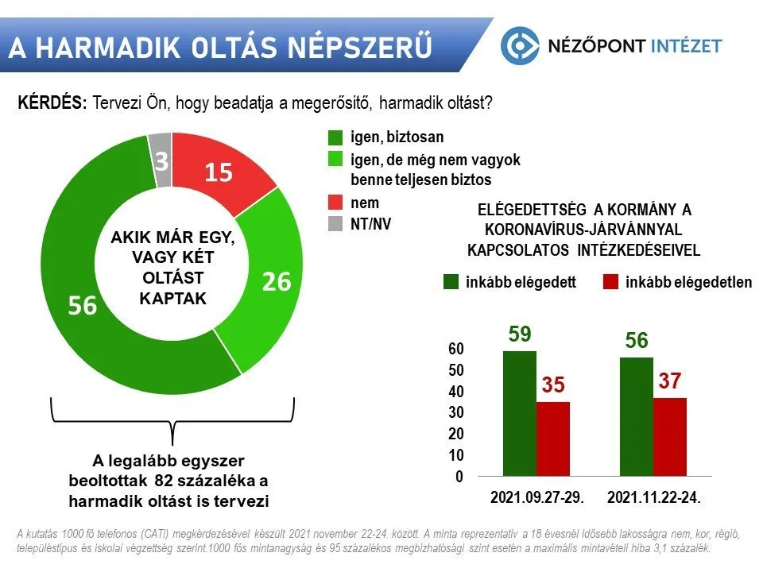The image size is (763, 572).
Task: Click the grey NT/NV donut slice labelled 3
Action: pos(161,160)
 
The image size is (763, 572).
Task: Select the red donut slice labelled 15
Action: pos(219,172)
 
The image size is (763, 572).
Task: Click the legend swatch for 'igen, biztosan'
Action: pos(335,137)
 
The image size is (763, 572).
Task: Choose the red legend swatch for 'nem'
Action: pos(335,203)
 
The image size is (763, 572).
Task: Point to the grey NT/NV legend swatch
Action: pos(335,224)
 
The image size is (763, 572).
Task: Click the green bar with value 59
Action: pos(520,413)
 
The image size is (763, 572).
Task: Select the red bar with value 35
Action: pos(553,439)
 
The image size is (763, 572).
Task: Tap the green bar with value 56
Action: pos(637,417)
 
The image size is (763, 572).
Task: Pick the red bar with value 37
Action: pos(670,437)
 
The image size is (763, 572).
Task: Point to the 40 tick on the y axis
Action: pos(456,392)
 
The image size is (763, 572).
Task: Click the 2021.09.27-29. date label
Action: pos(537,497)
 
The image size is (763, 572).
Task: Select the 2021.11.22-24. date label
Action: pos(654,497)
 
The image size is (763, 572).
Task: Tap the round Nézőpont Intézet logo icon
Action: pos(520,46)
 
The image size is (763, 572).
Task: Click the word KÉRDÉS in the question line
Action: pos(52,102)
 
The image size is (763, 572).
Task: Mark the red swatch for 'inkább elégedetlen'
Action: pos(610,281)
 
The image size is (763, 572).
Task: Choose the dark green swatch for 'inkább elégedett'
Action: pos(451,281)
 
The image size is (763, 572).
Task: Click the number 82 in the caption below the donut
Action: pos(163,481)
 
